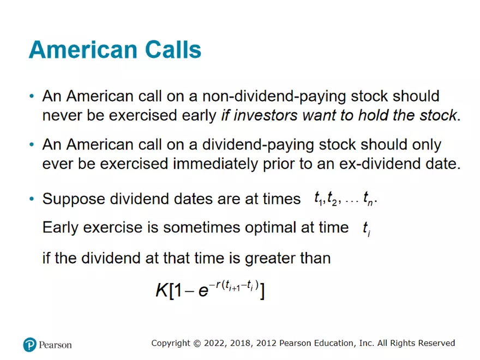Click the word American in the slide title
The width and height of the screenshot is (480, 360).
tap(76, 50)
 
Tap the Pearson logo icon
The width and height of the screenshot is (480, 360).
tap(29, 344)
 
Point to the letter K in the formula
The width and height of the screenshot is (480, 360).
tap(162, 291)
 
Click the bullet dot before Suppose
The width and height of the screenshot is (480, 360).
tap(32, 199)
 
